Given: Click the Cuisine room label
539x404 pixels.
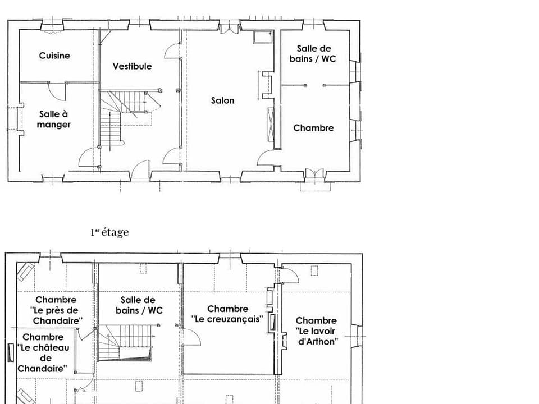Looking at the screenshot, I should (54, 56).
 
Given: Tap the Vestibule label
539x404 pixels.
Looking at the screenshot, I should (132, 66).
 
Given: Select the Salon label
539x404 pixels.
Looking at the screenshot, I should (223, 100).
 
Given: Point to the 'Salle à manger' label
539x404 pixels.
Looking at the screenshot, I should (54, 120).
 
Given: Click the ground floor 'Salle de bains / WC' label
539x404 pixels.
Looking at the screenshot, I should (313, 53).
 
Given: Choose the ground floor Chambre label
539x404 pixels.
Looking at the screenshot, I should (313, 128).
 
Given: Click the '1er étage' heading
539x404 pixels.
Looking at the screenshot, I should (109, 232).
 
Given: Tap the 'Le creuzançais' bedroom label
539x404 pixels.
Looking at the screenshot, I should (227, 314).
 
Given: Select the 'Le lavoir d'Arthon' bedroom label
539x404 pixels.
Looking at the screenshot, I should (316, 331).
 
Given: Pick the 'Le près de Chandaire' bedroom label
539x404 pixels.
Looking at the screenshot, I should (56, 310).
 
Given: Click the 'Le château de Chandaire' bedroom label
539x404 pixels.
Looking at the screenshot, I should (43, 353).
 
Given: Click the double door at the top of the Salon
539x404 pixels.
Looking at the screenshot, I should (229, 27).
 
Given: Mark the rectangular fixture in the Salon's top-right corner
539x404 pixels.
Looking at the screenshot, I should (262, 37).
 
